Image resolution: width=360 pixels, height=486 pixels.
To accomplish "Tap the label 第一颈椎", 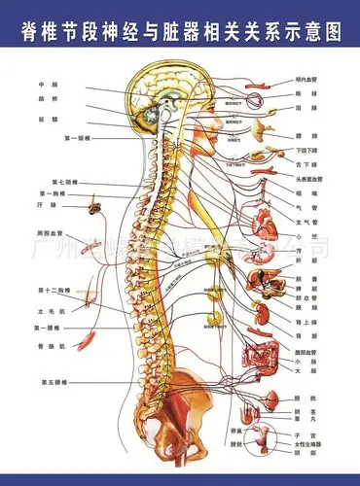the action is (77, 139).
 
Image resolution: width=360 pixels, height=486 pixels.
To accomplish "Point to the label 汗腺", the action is (41, 205).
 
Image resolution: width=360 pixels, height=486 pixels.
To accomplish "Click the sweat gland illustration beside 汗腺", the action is (94, 205).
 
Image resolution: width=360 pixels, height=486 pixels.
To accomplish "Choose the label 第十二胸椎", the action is (54, 291).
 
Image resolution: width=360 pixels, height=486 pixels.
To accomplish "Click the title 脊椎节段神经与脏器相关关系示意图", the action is (180, 31).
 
